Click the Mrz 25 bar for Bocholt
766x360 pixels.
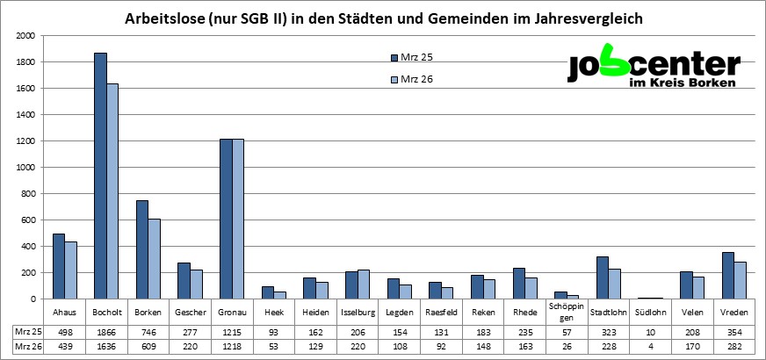pyautogui.click(x=100, y=176)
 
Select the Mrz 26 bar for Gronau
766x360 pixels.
pyautogui.click(x=238, y=219)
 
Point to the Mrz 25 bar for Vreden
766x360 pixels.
pyautogui.click(x=728, y=276)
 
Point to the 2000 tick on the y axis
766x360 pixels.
pyautogui.click(x=25, y=36)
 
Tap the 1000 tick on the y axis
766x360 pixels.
pyautogui.click(x=25, y=168)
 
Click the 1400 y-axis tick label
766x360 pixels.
pyautogui.click(x=25, y=115)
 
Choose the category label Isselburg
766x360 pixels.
pyautogui.click(x=358, y=312)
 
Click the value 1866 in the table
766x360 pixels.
pyautogui.click(x=106, y=332)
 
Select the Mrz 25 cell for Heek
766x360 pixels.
pyautogui.click(x=274, y=332)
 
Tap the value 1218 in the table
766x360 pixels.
pyautogui.click(x=232, y=347)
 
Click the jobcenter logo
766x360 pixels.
pyautogui.click(x=654, y=68)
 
